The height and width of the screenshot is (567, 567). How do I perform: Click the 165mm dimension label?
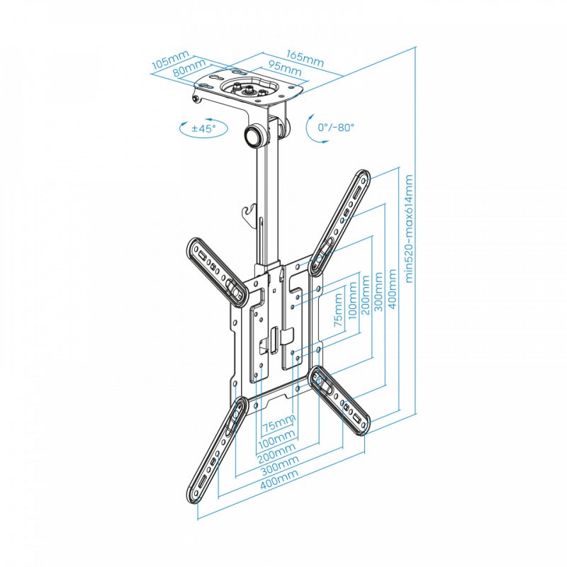305,57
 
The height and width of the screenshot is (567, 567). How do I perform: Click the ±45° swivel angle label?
203,129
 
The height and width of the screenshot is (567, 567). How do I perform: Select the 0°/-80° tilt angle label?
336,127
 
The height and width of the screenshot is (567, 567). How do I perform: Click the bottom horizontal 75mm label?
279,426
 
